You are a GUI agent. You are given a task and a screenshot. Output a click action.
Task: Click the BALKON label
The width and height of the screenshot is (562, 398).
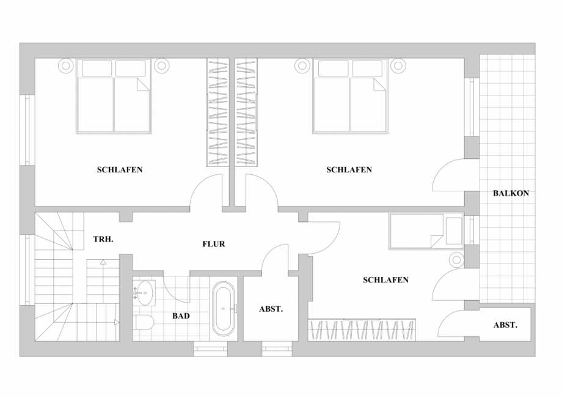[x=511, y=193]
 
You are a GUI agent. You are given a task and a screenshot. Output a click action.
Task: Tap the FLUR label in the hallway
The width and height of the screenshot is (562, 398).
[x=214, y=244]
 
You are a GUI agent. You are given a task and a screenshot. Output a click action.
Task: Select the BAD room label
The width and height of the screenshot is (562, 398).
[x=181, y=316]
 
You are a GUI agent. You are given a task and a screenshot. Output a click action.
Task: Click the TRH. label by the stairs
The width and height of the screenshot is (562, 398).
[x=103, y=239]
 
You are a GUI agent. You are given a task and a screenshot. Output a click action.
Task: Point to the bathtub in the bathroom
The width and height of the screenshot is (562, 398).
[x=224, y=308]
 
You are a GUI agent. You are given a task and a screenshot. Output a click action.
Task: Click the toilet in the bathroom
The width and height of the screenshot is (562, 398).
[x=144, y=322]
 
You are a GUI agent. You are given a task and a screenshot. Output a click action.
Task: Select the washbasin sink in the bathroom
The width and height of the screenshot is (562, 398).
[x=144, y=293]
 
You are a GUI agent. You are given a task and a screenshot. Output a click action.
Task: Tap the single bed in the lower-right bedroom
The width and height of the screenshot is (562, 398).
[x=426, y=231]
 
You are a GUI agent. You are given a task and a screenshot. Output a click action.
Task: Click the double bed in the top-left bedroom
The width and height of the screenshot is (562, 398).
[x=114, y=96]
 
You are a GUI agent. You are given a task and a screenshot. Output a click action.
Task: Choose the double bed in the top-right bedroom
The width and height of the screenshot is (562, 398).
[x=350, y=96]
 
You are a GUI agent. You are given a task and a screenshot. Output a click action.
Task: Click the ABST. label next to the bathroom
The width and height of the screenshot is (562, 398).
[x=271, y=309]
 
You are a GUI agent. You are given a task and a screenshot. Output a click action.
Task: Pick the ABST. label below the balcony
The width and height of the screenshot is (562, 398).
[x=505, y=325]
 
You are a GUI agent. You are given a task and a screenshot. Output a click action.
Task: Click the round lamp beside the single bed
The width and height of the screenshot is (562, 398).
[x=457, y=259]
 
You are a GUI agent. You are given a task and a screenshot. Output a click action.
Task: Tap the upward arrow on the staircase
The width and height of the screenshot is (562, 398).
[x=103, y=262]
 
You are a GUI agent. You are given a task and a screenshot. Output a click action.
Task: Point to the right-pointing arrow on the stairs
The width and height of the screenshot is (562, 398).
[x=117, y=322]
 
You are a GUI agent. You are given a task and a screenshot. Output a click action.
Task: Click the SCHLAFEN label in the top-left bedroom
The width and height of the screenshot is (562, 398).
[x=120, y=169]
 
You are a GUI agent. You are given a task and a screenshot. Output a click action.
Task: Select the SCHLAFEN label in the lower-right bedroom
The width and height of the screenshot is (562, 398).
[x=385, y=280]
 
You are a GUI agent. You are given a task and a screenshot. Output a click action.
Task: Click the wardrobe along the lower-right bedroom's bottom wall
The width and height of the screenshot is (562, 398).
[x=362, y=330]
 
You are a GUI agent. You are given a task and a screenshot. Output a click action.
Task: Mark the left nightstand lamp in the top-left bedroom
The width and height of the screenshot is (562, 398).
[x=65, y=65]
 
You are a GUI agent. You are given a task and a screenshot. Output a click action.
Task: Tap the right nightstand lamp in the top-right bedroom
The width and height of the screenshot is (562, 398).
[x=398, y=65]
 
